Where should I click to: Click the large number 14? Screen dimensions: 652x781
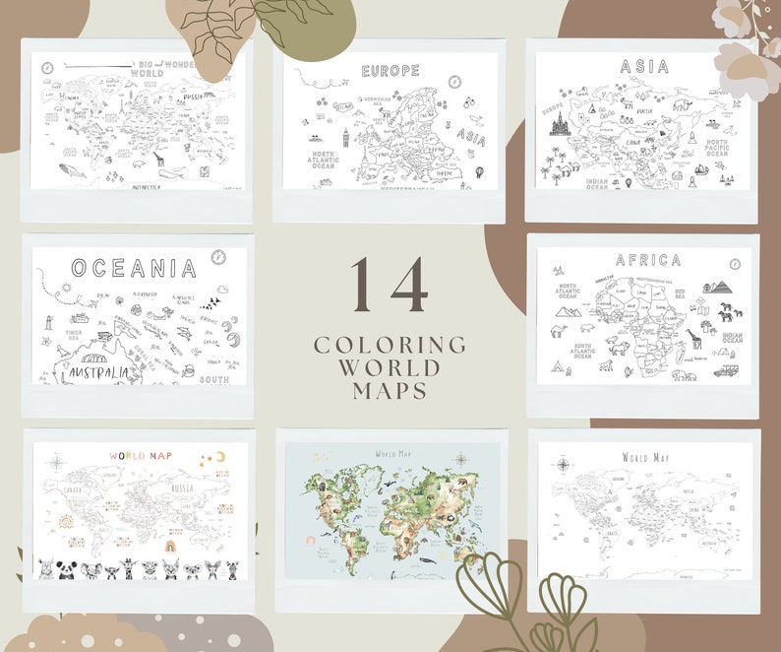tap(390, 286)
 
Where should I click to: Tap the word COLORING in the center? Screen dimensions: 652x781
tap(390, 345)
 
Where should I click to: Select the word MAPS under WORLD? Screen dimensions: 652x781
tap(390, 390)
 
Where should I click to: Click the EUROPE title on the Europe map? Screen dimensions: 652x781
tap(390, 71)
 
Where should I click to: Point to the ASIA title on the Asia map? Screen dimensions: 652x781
tap(644, 67)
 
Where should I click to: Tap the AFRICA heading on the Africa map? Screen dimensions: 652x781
tap(647, 260)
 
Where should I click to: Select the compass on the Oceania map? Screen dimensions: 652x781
tap(218, 258)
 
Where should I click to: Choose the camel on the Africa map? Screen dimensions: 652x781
tap(559, 330)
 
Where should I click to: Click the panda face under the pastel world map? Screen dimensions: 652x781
tap(66, 568)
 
